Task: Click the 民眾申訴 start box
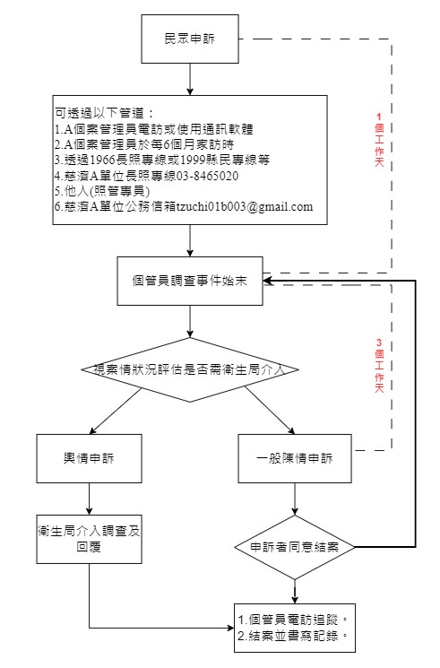[190, 39]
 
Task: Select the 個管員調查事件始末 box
[190, 281]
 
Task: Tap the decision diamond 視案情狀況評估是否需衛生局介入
[190, 369]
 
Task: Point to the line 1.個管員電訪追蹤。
[291, 619]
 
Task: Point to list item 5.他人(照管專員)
[101, 191]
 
